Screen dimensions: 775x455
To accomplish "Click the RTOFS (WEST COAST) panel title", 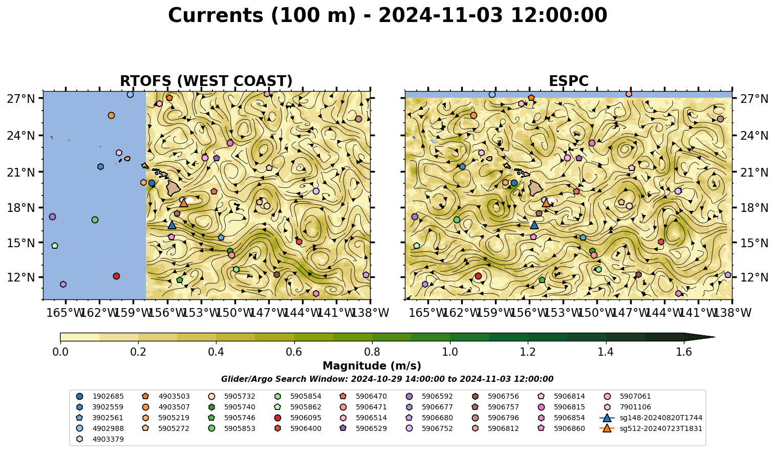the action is (206, 81).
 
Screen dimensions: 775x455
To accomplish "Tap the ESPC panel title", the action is (568, 81).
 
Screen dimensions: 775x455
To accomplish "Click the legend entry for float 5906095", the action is (299, 418).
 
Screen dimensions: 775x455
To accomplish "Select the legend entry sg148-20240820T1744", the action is (651, 418).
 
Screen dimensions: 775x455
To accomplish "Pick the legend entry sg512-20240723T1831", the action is (651, 428).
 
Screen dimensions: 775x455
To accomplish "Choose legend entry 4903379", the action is (100, 439).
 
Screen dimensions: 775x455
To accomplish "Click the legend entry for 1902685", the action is (100, 396).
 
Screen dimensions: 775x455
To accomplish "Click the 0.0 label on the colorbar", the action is (60, 352).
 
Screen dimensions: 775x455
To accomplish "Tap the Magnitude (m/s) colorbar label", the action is (372, 366).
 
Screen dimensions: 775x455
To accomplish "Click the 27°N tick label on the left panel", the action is (21, 99).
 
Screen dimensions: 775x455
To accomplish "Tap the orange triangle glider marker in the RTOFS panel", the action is (184, 203).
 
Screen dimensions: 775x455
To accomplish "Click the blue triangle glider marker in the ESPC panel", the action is (534, 225).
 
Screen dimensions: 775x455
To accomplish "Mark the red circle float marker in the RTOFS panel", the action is (116, 276).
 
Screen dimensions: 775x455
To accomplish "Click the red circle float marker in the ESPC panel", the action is (478, 276).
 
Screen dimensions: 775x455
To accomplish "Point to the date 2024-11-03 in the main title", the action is (440, 15).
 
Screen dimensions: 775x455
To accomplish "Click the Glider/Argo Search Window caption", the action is (387, 379).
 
